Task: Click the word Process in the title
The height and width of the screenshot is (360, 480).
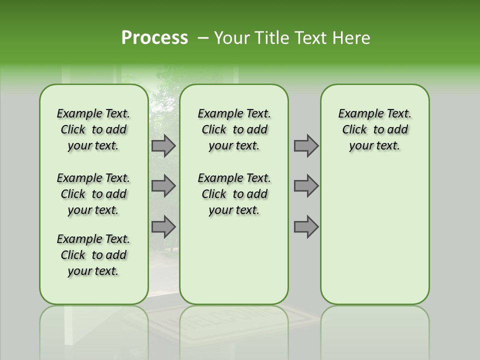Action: point(154,37)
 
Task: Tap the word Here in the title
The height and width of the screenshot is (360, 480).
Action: point(352,38)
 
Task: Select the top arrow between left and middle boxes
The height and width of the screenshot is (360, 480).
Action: point(163,145)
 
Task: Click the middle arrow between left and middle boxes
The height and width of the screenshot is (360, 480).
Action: point(163,186)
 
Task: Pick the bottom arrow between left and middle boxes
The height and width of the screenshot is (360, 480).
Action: point(163,227)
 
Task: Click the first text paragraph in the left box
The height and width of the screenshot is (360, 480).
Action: point(93,129)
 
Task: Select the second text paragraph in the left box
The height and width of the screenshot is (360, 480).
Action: point(93,194)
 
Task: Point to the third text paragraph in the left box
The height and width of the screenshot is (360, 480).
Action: point(93,255)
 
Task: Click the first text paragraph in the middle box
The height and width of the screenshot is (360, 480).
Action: point(234,129)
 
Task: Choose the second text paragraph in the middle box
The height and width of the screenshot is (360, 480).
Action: point(234,194)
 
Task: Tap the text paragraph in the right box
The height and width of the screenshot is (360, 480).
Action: point(374,129)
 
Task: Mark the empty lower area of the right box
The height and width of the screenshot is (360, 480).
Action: point(374,230)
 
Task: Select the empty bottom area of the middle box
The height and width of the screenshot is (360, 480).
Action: point(234,260)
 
